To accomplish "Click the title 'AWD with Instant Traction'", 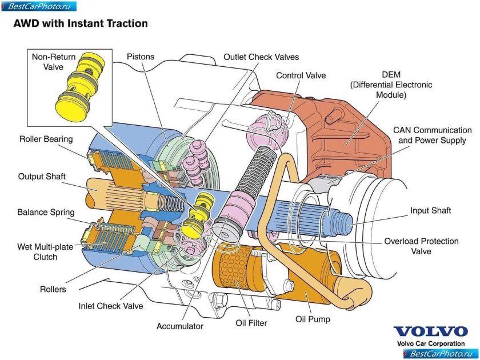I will (x=80, y=23).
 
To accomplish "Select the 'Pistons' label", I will (x=141, y=57).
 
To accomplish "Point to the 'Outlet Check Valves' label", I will (x=261, y=57).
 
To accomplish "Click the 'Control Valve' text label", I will (x=301, y=75).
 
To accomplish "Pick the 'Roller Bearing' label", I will (x=46, y=139).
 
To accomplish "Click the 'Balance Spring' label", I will (x=46, y=212).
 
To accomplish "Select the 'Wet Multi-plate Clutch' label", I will (x=45, y=252).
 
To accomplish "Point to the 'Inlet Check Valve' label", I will (x=110, y=306).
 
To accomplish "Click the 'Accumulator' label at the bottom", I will (x=180, y=326).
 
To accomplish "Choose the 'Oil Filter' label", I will (x=251, y=323).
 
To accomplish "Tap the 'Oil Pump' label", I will (x=313, y=319).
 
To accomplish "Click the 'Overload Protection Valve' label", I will (x=421, y=246).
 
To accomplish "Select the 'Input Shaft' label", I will (x=430, y=211).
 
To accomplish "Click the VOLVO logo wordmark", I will (x=430, y=332).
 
